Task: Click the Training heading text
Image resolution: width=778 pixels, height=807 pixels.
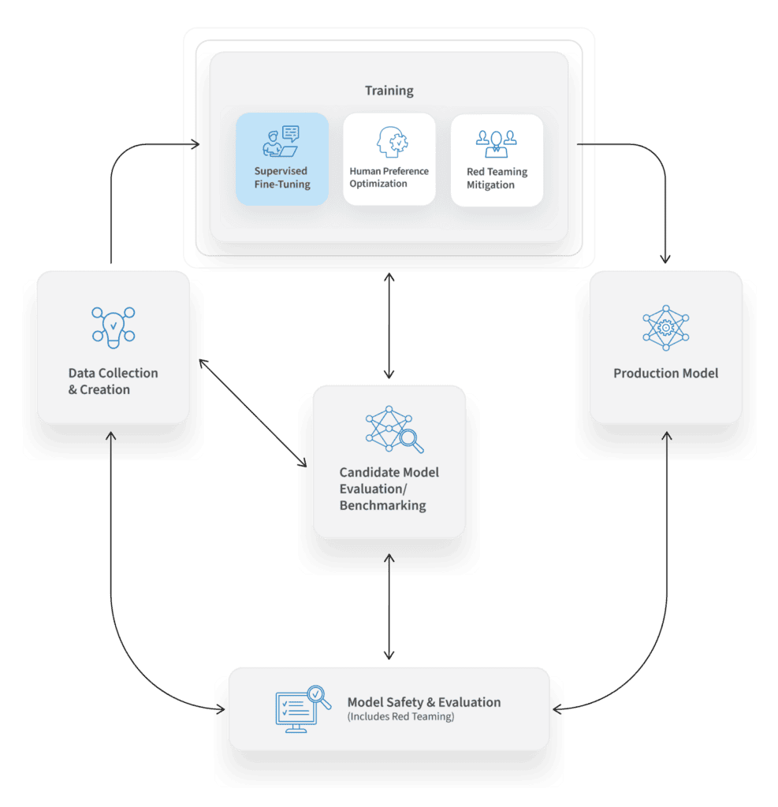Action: pyautogui.click(x=389, y=91)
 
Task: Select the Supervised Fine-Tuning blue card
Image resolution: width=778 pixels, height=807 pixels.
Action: pyautogui.click(x=282, y=159)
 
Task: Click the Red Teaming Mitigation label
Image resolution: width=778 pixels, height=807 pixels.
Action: pyautogui.click(x=497, y=178)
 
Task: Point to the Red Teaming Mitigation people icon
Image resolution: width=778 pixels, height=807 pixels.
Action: pyautogui.click(x=496, y=143)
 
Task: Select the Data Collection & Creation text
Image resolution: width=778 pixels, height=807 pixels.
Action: pyautogui.click(x=113, y=381)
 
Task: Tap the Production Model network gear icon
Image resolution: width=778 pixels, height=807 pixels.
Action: pyautogui.click(x=665, y=326)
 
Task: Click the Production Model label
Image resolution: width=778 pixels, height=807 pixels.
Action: pyautogui.click(x=665, y=373)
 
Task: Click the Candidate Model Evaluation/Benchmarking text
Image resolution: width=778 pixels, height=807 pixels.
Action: pyautogui.click(x=389, y=489)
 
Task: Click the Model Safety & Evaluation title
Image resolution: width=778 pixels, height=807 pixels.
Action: pyautogui.click(x=423, y=702)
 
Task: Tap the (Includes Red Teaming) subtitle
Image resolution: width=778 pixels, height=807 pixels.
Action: pyautogui.click(x=400, y=717)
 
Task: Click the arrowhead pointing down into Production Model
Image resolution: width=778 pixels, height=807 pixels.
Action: pyautogui.click(x=665, y=260)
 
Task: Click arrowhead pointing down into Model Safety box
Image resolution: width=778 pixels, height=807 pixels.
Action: pyautogui.click(x=389, y=655)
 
